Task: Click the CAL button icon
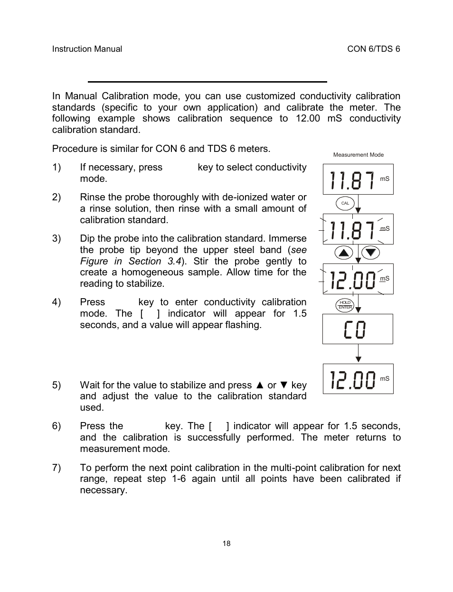pos(345,203)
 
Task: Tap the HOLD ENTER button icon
pos(345,305)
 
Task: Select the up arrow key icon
pos(344,253)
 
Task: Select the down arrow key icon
pos(371,253)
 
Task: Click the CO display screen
pos(358,329)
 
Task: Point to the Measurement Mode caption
pos(358,155)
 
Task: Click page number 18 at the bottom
pos(226,544)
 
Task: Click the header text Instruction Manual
pos(87,49)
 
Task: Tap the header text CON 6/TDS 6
pos(374,49)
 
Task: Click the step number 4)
pos(57,302)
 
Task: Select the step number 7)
pos(57,468)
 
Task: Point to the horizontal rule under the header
pos(208,82)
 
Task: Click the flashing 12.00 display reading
pos(353,280)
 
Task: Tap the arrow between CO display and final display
pos(359,354)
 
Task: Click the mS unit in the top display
pos(385,179)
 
